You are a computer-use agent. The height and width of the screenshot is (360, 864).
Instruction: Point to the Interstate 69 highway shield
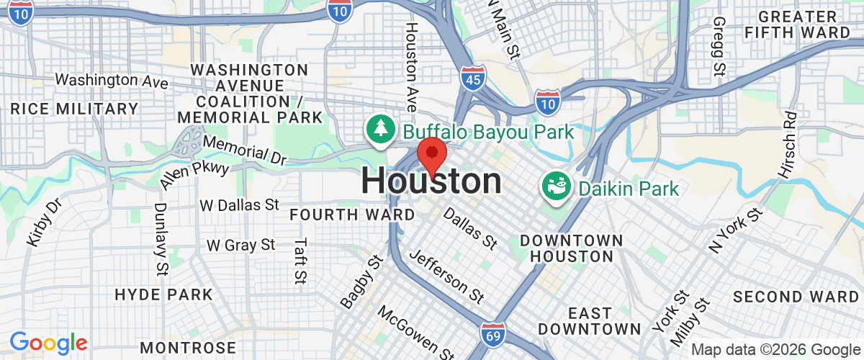493,333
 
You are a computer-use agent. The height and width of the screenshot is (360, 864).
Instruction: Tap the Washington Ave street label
112,80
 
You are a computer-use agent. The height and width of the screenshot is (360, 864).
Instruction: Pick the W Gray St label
240,246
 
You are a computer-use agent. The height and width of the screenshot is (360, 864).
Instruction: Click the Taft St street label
300,260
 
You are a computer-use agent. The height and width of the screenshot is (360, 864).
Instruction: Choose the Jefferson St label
446,276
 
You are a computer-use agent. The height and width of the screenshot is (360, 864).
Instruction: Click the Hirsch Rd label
789,145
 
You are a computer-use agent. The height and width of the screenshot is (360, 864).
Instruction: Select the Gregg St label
718,48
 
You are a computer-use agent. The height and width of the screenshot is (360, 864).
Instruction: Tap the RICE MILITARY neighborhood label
74,109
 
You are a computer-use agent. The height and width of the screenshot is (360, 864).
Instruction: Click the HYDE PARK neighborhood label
163,294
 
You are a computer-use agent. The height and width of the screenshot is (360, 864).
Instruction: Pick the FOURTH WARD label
352,215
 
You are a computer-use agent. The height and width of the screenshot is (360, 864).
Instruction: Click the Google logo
48,343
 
